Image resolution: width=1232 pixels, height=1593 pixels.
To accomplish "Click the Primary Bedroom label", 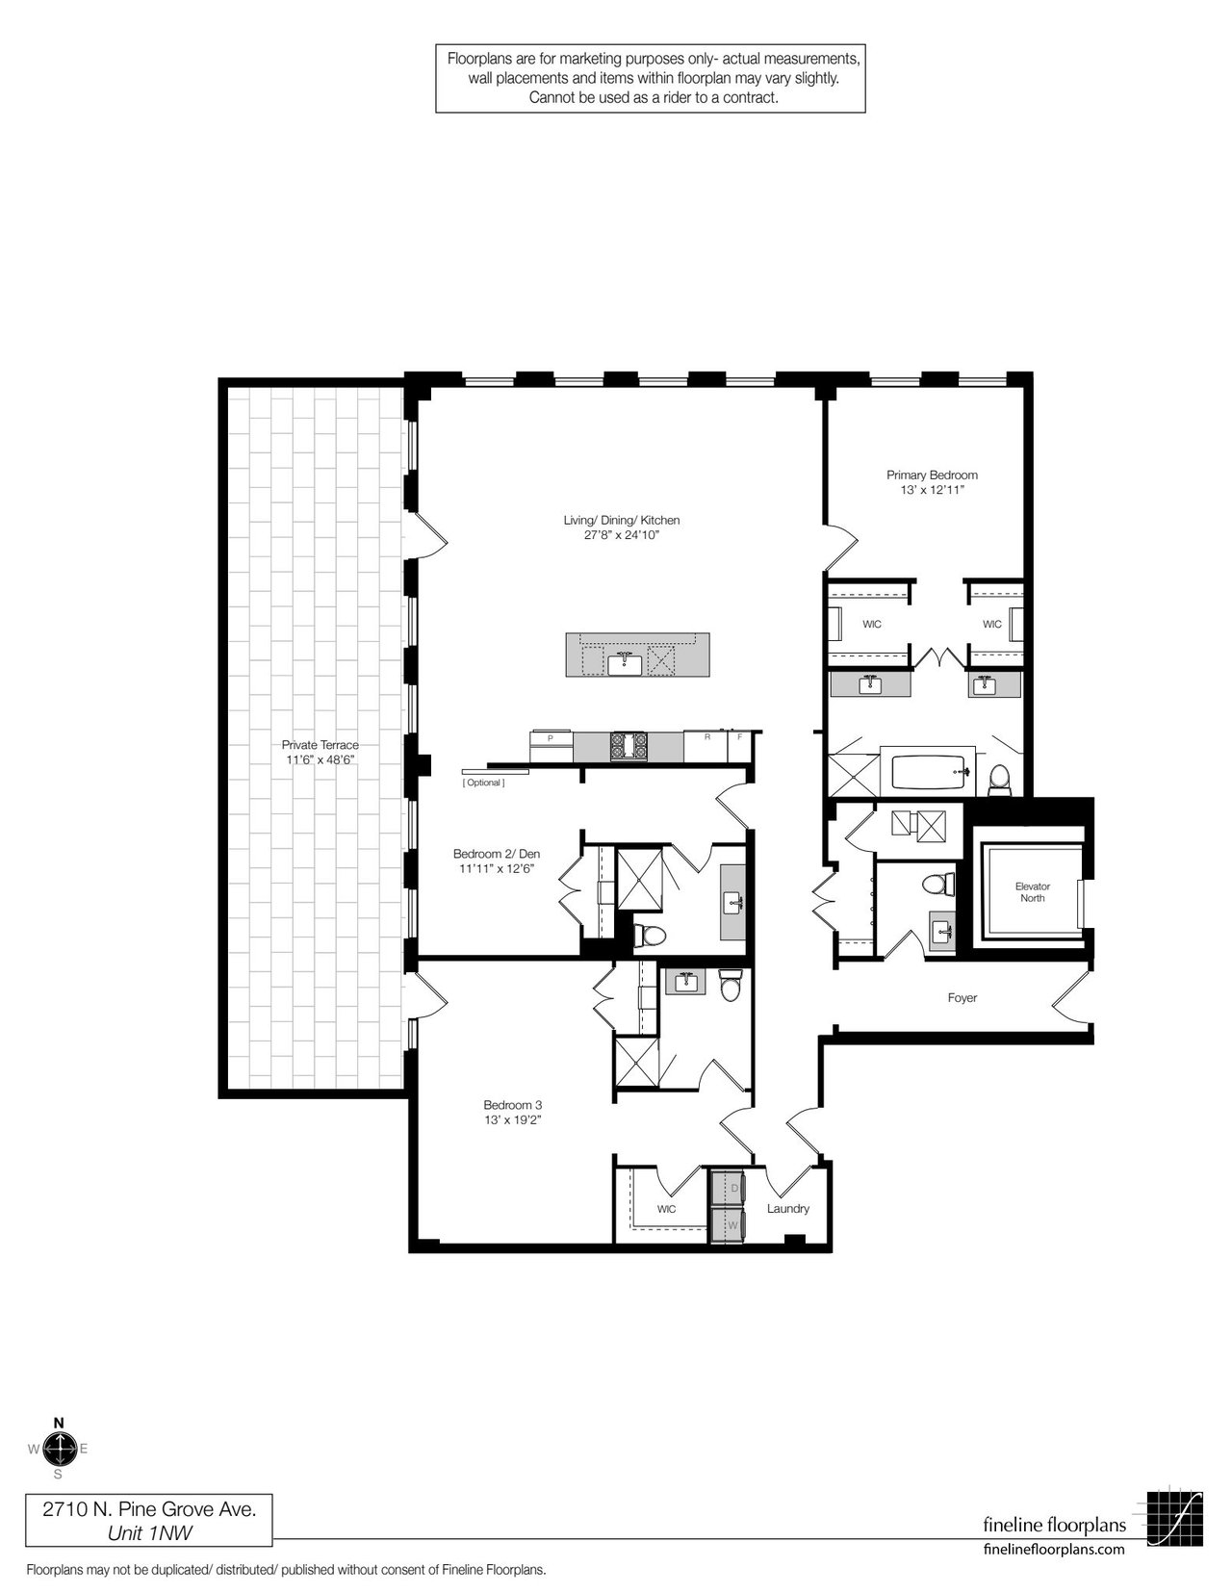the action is pyautogui.click(x=932, y=475).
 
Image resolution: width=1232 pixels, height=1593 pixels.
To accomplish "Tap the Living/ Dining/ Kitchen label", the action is pyautogui.click(x=622, y=520).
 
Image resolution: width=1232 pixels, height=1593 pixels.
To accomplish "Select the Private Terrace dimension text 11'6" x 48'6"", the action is pyautogui.click(x=321, y=760).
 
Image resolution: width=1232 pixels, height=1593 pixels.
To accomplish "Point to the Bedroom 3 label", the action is pyautogui.click(x=512, y=1105).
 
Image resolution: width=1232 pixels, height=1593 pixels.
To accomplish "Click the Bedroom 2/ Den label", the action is pyautogui.click(x=497, y=854).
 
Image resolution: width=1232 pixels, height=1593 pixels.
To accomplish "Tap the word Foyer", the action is pyautogui.click(x=962, y=998).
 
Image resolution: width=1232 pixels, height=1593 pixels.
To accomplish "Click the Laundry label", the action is pyautogui.click(x=788, y=1208).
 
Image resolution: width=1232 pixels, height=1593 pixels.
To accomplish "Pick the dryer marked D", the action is pyautogui.click(x=727, y=1188).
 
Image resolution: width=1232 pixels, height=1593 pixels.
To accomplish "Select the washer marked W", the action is pyautogui.click(x=727, y=1225).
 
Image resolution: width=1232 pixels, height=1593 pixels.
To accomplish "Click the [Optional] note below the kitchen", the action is pyautogui.click(x=483, y=783).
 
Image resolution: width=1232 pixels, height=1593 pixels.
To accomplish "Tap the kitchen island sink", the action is pyautogui.click(x=625, y=663).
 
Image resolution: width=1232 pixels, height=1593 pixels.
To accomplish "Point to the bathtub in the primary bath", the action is pyautogui.click(x=927, y=770).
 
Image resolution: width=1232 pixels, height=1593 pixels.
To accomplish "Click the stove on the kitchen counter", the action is pyautogui.click(x=629, y=746).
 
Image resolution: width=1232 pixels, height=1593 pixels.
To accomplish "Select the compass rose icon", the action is pyautogui.click(x=58, y=1449).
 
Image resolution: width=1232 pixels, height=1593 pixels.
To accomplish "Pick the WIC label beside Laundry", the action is pyautogui.click(x=666, y=1209).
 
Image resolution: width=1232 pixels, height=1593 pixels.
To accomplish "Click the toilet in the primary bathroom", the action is pyautogui.click(x=999, y=779).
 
